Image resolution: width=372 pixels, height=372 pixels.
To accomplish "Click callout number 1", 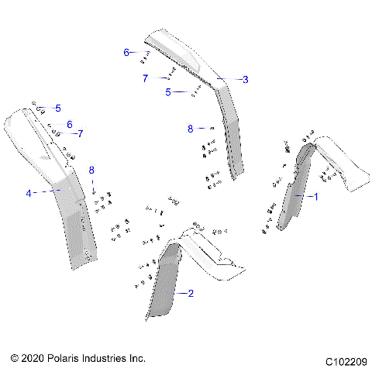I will click(x=315, y=197).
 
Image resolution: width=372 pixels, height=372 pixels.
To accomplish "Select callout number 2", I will click(x=191, y=293).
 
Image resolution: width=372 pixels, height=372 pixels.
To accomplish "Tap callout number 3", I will click(x=245, y=79).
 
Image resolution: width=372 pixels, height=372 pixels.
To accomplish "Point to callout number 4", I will click(x=29, y=193).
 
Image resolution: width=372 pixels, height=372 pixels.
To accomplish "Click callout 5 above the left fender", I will click(x=57, y=108).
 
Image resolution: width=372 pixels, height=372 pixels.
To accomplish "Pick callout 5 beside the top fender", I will click(x=168, y=92).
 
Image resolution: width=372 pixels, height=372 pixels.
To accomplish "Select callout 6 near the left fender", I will click(x=69, y=124).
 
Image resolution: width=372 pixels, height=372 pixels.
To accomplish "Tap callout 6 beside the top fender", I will click(x=126, y=53).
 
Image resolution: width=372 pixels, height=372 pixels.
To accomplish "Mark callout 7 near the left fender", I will click(x=80, y=133).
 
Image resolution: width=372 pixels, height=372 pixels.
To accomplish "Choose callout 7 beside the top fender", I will click(x=145, y=78).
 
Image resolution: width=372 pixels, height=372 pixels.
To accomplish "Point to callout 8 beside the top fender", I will click(x=190, y=129).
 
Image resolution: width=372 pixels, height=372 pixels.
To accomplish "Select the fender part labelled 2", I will click(x=164, y=287).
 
